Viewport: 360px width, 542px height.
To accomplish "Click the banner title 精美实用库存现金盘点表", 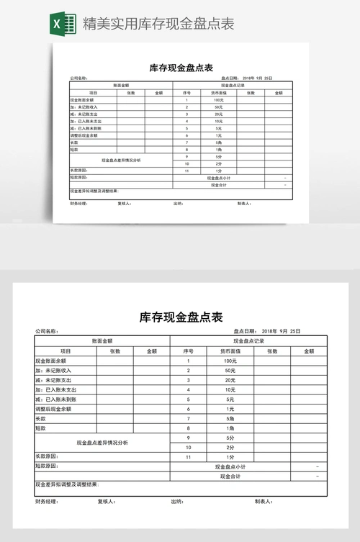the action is click(158, 24).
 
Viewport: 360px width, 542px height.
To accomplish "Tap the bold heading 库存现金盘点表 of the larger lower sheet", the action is click(181, 317).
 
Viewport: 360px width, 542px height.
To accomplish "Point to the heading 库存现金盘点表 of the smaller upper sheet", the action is click(181, 68).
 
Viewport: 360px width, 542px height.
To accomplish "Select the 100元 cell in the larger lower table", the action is click(230, 361).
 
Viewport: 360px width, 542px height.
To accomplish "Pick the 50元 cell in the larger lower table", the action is click(230, 370).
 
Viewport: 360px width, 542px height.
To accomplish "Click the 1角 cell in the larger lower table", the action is click(230, 428).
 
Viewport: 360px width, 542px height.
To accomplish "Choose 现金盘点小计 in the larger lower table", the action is click(230, 466).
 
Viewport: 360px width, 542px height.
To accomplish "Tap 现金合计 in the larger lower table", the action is click(230, 476).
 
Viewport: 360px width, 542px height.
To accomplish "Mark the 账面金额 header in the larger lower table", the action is click(102, 340).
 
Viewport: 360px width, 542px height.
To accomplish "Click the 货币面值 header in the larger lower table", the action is click(230, 351).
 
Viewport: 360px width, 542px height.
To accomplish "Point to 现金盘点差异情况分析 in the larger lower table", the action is click(102, 443).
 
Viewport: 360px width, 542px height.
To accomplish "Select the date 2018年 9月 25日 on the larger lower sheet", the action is click(281, 331).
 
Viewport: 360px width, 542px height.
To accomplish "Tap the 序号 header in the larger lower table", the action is click(188, 351).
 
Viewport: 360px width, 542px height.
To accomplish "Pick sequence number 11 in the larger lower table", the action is click(188, 457).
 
